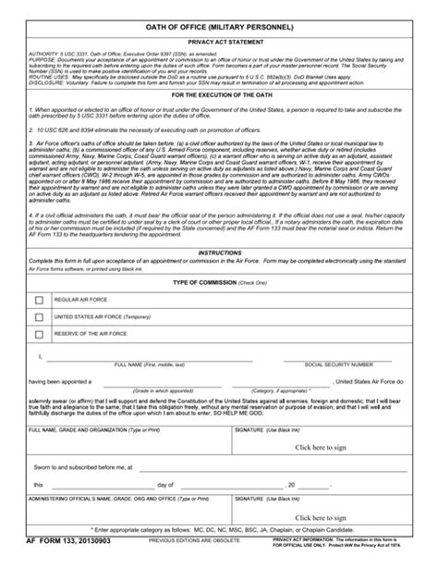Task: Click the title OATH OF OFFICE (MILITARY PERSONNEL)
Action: pos(219,29)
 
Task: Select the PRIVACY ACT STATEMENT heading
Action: pos(219,43)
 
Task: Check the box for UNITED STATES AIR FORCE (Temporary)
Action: pos(39,317)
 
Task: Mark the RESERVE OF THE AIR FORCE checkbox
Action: pos(39,333)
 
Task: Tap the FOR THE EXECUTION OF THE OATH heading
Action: pos(219,94)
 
